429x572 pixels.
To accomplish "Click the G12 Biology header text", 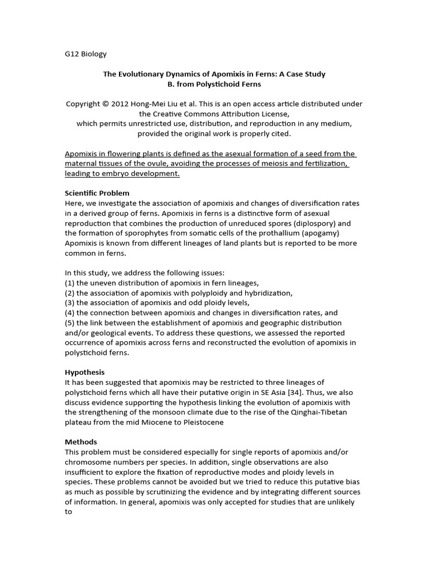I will coord(85,54).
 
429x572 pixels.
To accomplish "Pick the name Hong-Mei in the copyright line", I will coord(151,104).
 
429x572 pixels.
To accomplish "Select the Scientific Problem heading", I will coord(97,193).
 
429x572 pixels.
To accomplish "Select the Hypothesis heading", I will coord(85,372).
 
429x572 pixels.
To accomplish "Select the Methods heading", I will coord(81,442).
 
